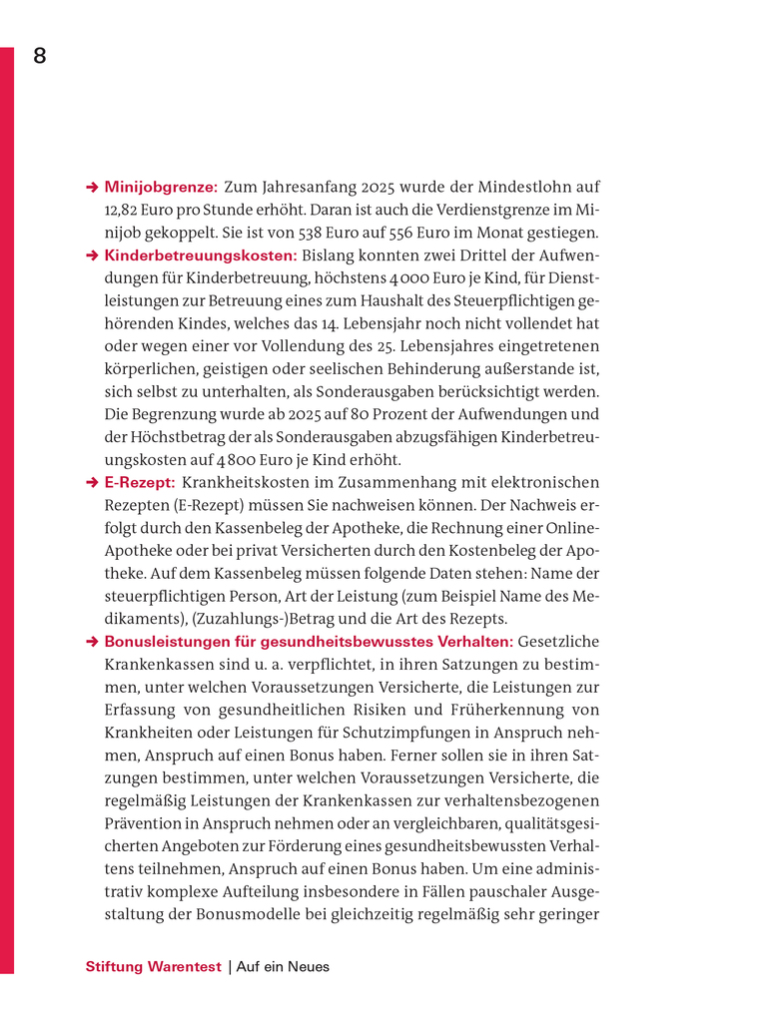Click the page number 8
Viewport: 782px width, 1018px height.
pos(40,56)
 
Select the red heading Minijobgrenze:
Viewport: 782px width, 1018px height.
pos(161,187)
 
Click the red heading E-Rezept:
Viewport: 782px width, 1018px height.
pos(140,483)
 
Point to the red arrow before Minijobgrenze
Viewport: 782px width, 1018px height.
pos(91,187)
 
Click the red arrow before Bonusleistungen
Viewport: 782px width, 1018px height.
pos(91,642)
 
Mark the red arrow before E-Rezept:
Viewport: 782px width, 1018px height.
pos(91,483)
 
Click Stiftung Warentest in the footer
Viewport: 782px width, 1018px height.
pos(154,966)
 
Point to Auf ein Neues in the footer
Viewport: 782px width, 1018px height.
pos(283,966)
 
